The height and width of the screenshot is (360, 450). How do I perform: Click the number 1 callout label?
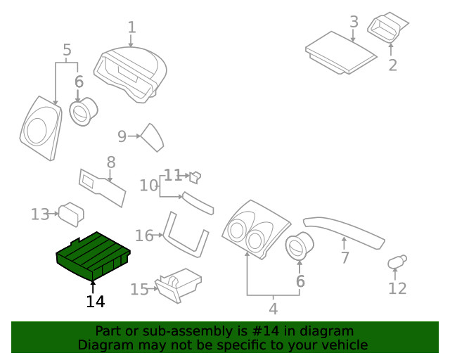[x=131, y=27]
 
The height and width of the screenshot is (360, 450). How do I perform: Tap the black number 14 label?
[x=96, y=302]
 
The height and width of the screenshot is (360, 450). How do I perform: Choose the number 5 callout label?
[x=67, y=50]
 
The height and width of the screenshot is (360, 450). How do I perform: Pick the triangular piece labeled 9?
[x=153, y=137]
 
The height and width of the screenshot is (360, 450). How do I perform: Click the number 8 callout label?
[x=111, y=162]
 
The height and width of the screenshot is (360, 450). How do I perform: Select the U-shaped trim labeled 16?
[x=186, y=234]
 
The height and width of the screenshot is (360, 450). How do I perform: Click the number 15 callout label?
[x=139, y=289]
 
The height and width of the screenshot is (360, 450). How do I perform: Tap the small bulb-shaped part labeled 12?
[x=396, y=263]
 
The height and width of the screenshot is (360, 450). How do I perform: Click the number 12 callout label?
[x=397, y=288]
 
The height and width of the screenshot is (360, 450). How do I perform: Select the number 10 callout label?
[x=148, y=186]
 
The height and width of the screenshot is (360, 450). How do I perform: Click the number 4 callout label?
[x=273, y=308]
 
